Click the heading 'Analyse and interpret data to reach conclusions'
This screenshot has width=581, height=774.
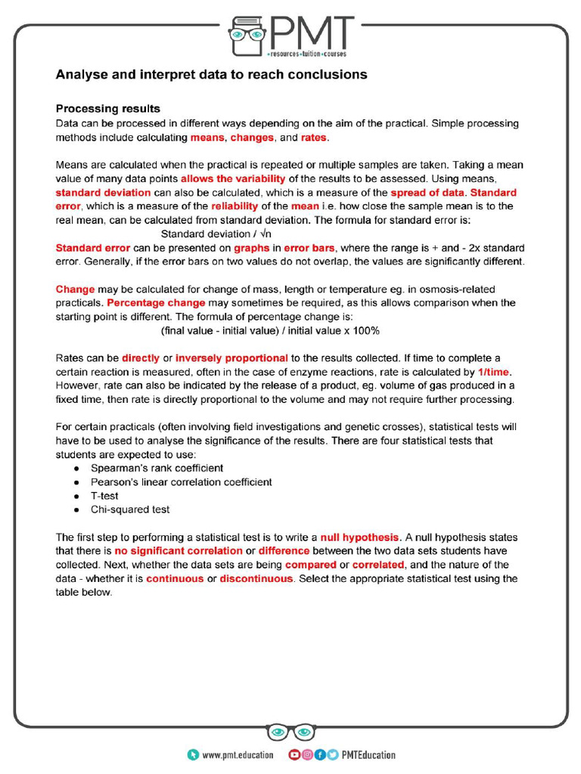(x=211, y=75)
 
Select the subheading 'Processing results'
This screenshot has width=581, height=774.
(x=107, y=109)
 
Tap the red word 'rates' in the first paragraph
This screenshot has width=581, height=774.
(x=313, y=138)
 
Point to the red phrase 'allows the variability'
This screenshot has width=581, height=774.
(x=233, y=178)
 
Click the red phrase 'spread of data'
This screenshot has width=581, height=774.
(x=427, y=192)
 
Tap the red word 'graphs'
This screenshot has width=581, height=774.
(x=252, y=248)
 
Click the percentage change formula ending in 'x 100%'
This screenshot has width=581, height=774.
(x=270, y=330)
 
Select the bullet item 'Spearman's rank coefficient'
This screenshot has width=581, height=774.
(x=157, y=468)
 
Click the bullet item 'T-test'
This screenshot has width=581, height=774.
(x=104, y=496)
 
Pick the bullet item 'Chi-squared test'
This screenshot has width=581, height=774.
(x=130, y=509)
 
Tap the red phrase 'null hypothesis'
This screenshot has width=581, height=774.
(x=358, y=537)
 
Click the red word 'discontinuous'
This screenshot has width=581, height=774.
(x=256, y=578)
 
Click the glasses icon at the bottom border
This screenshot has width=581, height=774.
(x=290, y=732)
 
